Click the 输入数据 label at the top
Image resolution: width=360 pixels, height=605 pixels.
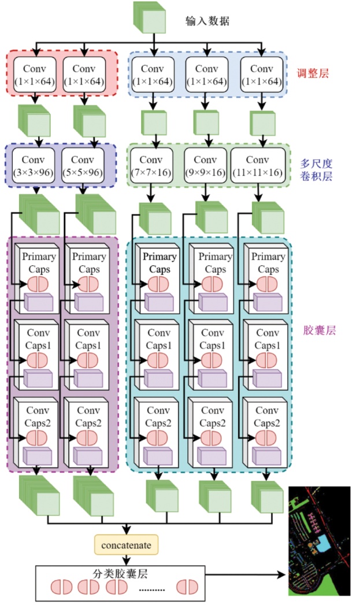tap(207, 21)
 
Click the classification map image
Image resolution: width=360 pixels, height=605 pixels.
tap(319, 541)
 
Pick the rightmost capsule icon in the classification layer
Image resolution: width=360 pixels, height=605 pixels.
tap(188, 587)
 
